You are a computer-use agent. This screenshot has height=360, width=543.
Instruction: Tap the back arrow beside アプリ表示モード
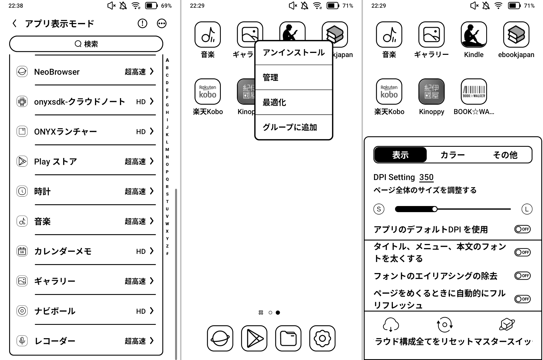pos(15,24)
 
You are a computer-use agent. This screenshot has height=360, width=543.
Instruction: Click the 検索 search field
pos(86,44)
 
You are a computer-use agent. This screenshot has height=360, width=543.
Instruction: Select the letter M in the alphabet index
pos(167,150)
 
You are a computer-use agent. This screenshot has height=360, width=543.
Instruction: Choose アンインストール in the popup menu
pos(294,53)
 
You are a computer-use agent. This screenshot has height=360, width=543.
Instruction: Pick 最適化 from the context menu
pos(294,102)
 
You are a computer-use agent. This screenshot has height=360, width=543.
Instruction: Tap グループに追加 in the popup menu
pos(294,127)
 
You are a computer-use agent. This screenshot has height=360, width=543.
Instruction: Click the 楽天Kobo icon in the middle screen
pos(208,92)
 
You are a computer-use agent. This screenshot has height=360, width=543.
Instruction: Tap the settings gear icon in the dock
pos(322,338)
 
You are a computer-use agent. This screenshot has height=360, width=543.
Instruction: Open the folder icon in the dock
pos(288,338)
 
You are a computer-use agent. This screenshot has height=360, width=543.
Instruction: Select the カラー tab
pos(452,155)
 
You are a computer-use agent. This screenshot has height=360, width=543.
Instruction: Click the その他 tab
pos(505,155)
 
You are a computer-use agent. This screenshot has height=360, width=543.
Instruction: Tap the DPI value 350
pos(426,177)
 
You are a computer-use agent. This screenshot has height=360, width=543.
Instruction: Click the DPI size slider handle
pos(435,209)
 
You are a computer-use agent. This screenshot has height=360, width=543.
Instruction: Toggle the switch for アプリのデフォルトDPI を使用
pos(522,229)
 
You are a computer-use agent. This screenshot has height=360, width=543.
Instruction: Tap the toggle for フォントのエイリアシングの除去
pos(522,276)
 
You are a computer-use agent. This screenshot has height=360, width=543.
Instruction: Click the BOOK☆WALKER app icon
pos(474,92)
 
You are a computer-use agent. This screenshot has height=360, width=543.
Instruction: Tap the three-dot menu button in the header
pos(162,24)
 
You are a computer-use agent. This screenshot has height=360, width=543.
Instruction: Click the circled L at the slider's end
pos(527,209)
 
